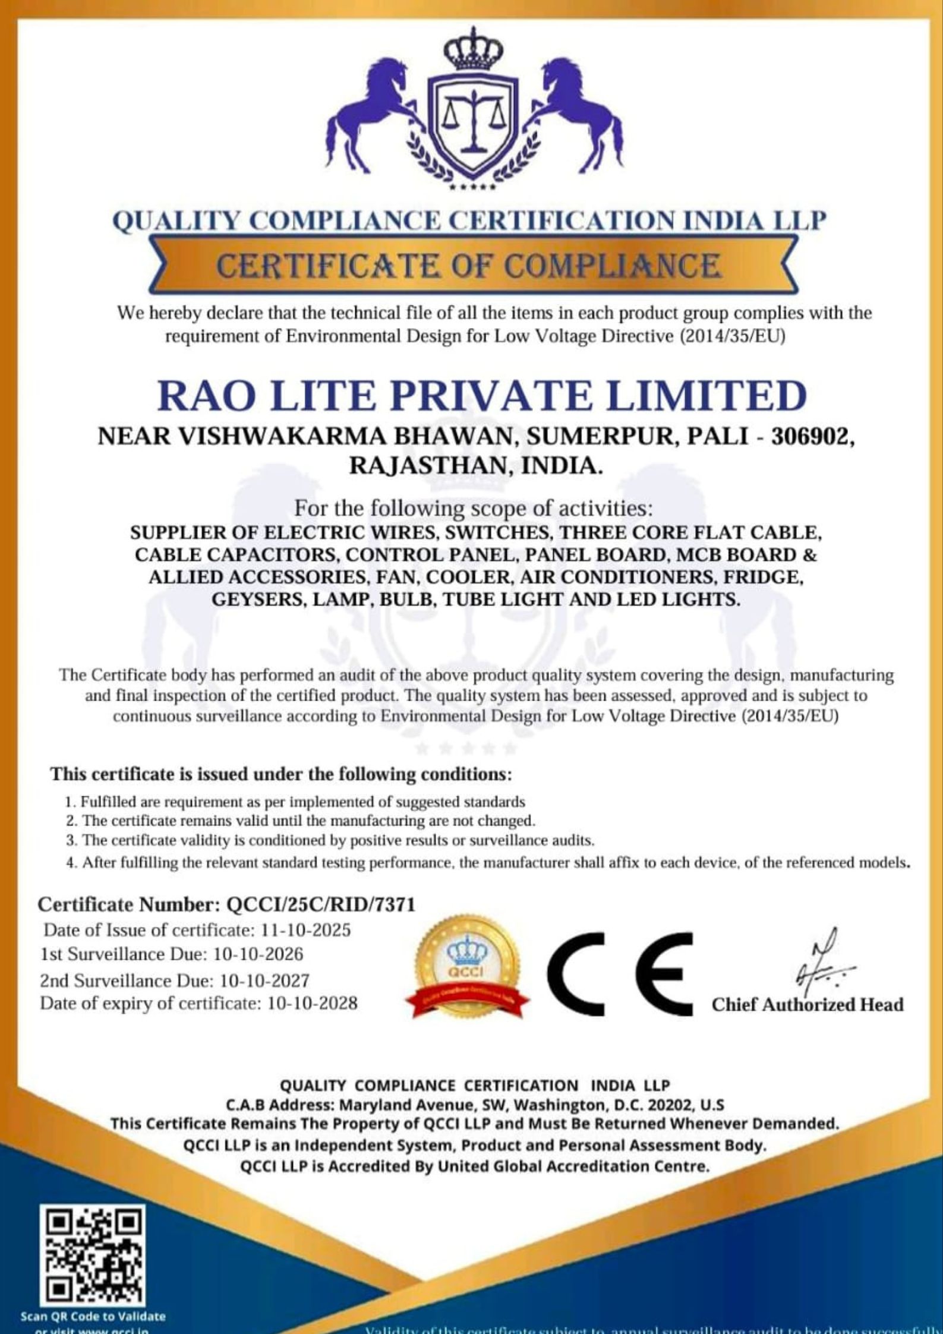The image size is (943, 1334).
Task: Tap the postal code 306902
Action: tap(812, 437)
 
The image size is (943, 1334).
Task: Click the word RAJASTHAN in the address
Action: tap(428, 466)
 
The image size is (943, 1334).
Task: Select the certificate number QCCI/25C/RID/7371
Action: tap(321, 904)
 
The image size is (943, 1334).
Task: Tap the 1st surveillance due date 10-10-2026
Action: tap(258, 954)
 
